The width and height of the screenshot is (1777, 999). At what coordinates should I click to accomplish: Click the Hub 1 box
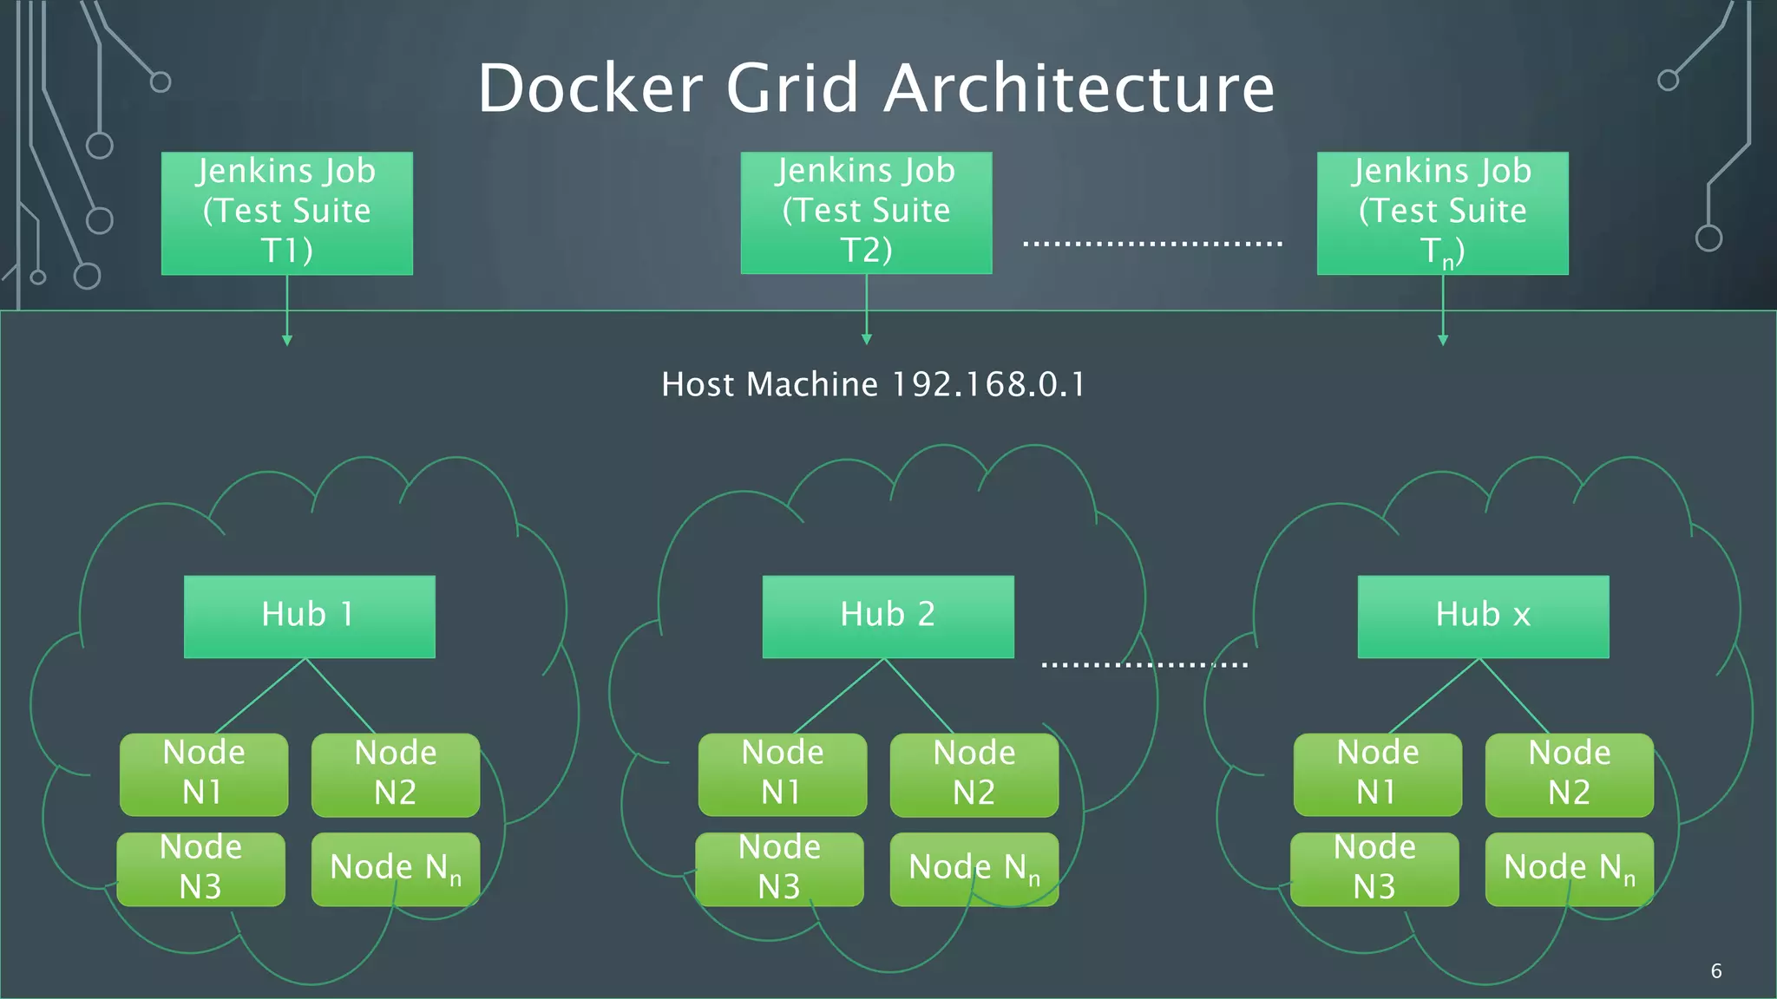click(x=309, y=616)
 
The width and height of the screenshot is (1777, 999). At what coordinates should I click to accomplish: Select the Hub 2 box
click(x=888, y=616)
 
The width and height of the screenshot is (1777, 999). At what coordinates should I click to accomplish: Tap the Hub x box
click(x=1483, y=616)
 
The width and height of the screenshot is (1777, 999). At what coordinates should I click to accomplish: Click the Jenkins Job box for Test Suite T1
click(x=286, y=213)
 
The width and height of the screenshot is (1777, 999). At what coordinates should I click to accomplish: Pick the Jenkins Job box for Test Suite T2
click(x=866, y=213)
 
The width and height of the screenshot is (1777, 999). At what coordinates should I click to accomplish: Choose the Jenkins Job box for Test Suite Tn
click(x=1442, y=213)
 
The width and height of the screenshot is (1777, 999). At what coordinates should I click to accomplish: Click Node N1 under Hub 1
click(x=204, y=774)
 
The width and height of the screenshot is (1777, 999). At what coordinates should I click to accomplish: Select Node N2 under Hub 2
click(x=974, y=774)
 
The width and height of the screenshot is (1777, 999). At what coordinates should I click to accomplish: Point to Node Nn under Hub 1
click(x=395, y=869)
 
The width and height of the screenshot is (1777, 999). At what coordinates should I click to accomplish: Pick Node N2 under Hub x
click(x=1569, y=774)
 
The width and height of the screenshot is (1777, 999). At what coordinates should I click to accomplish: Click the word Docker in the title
click(x=590, y=88)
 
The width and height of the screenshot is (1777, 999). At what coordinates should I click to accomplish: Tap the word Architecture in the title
click(x=1079, y=88)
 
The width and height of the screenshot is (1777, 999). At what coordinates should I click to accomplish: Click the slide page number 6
click(x=1715, y=971)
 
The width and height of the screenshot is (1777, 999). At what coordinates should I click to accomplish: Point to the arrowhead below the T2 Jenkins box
click(x=866, y=340)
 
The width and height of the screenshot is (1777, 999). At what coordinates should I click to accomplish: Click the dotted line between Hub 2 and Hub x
click(x=1144, y=665)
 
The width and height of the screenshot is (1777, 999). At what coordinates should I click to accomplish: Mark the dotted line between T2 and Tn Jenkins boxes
click(x=1152, y=244)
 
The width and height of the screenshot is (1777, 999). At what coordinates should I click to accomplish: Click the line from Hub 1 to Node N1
click(x=260, y=695)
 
